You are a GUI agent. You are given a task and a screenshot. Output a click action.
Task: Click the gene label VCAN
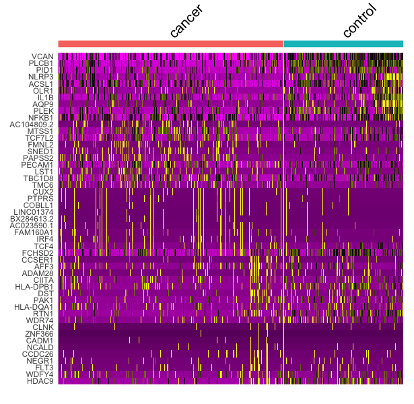click(x=43, y=57)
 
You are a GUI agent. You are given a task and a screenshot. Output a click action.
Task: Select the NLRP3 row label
click(x=40, y=77)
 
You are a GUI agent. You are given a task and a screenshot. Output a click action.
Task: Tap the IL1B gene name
click(x=44, y=97)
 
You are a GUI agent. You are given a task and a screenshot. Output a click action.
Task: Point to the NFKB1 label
click(x=40, y=117)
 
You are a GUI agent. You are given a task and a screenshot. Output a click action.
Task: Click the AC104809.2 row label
click(x=31, y=124)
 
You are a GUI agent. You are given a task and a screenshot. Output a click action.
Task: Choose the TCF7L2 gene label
click(x=40, y=137)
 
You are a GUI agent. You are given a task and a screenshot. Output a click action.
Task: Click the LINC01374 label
click(x=34, y=211)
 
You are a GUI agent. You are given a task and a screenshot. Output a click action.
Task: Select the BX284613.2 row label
click(x=32, y=219)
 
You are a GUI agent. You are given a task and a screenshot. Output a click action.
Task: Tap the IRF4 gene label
click(x=44, y=239)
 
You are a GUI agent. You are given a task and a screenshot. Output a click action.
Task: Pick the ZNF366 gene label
click(x=40, y=333)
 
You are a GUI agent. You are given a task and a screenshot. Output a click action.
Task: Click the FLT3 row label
click(x=44, y=367)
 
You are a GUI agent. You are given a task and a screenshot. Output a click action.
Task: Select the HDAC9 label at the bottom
click(x=40, y=380)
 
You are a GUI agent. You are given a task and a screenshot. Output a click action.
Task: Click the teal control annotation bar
click(x=343, y=44)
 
